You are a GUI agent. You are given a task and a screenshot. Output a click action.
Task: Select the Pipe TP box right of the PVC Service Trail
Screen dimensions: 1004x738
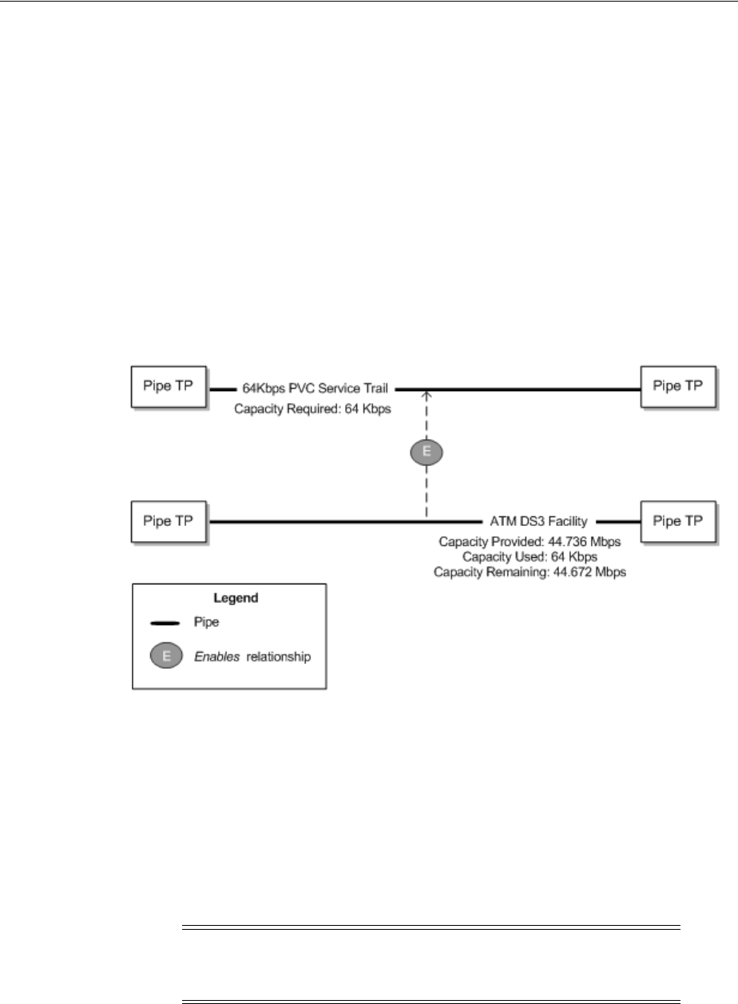678,386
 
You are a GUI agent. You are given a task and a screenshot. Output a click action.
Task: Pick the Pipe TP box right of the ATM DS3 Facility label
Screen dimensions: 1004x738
678,520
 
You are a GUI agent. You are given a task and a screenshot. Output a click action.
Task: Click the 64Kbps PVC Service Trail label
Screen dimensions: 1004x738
315,389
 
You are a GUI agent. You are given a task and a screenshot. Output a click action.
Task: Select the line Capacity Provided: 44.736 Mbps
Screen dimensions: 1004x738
530,542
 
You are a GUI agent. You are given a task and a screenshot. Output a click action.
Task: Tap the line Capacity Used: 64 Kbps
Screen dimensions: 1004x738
530,556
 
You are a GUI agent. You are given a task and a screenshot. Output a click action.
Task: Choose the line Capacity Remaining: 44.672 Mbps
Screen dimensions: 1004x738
530,571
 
